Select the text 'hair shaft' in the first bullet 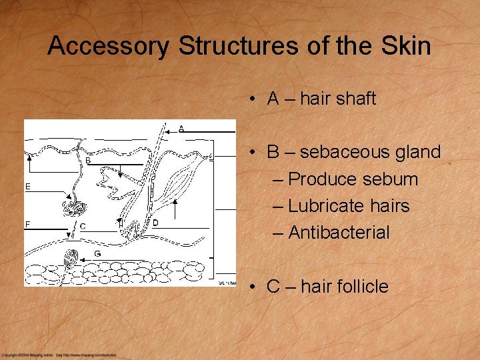[338, 99]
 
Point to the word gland [417, 152]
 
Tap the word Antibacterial [339, 233]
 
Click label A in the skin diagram [181, 128]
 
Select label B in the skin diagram [88, 161]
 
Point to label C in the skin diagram [82, 227]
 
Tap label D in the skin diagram [155, 222]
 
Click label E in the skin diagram [28, 187]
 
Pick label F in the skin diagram [28, 224]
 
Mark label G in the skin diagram [97, 253]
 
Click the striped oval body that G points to [70, 257]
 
